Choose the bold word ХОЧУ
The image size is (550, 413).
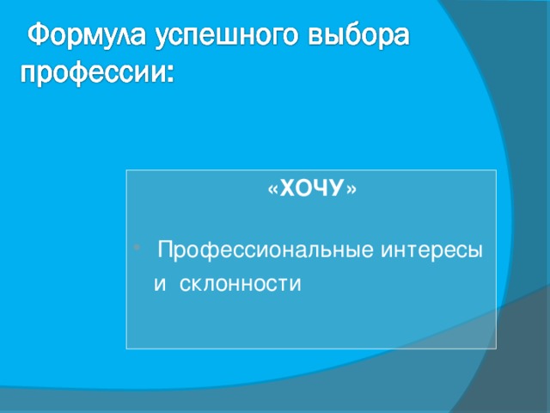(x=312, y=189)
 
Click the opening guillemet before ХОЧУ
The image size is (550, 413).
(x=272, y=190)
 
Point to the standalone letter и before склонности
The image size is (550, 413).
(x=160, y=284)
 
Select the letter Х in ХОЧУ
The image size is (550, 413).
(x=288, y=189)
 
